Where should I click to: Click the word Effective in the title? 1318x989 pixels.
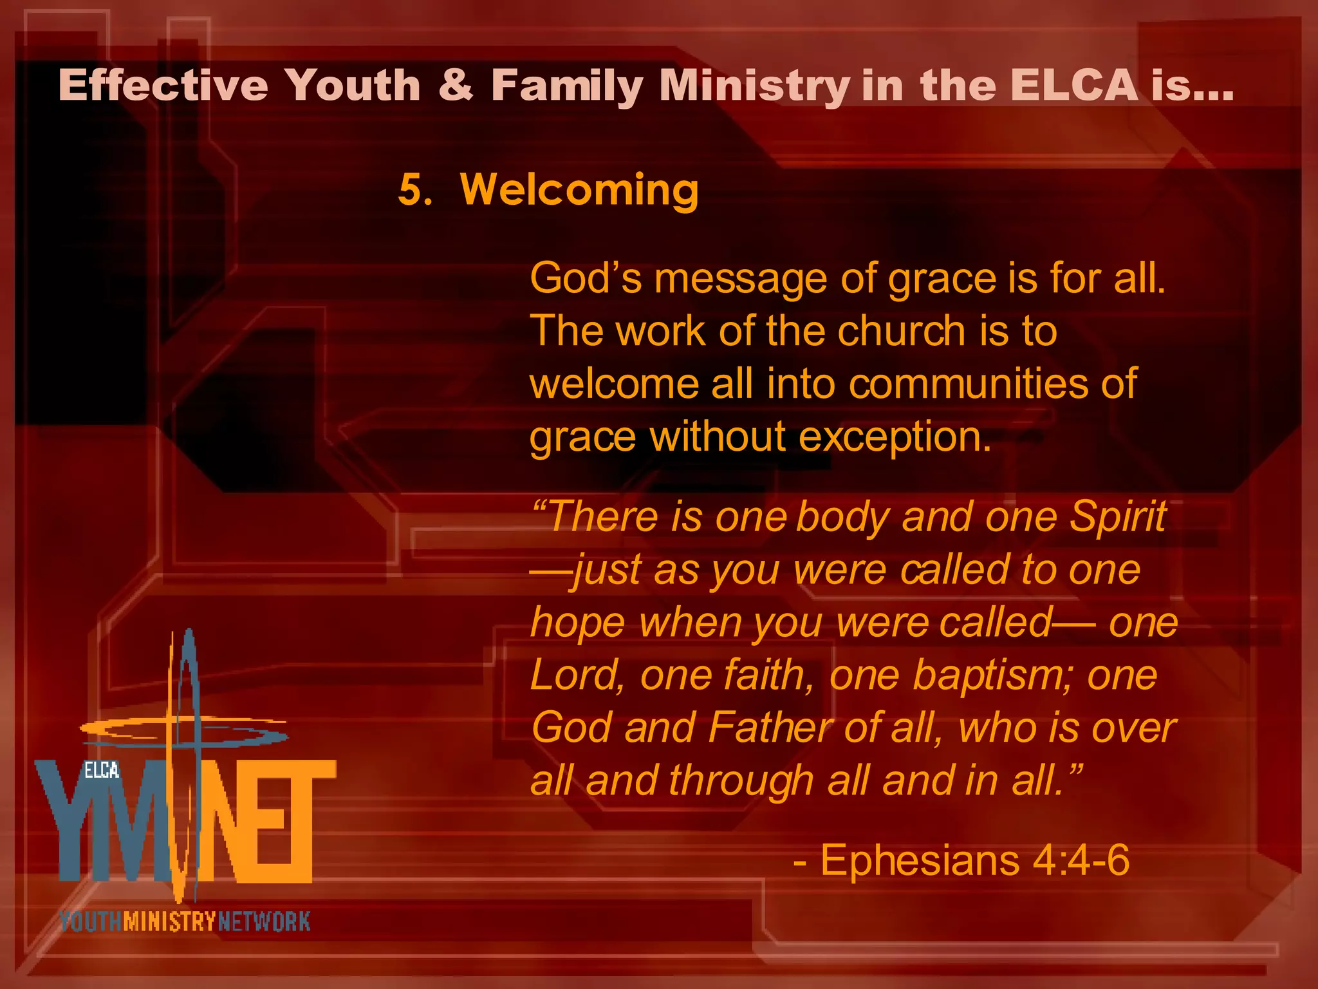tap(163, 85)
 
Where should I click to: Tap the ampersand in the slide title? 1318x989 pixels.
tap(455, 85)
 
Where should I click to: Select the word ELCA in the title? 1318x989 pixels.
tap(1074, 85)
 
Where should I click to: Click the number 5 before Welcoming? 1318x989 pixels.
tap(414, 191)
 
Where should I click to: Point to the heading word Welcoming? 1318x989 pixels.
tap(579, 191)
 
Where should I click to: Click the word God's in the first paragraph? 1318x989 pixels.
tap(586, 279)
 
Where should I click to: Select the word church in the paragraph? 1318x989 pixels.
tap(902, 332)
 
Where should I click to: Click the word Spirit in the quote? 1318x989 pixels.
tap(1118, 517)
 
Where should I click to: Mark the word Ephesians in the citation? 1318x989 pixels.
tap(920, 860)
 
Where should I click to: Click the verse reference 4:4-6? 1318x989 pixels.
tap(1081, 860)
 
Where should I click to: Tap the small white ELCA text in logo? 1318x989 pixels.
tap(102, 771)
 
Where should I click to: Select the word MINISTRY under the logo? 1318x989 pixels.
tap(169, 922)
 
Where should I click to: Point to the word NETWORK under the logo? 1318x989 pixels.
tap(264, 922)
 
